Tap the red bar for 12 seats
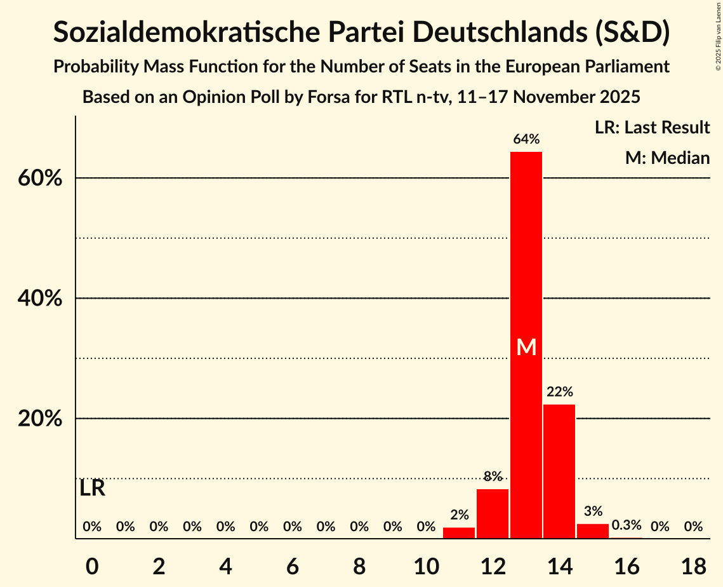click(493, 513)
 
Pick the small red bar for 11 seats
click(459, 533)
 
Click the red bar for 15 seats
click(593, 531)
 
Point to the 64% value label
click(526, 139)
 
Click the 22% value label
click(560, 392)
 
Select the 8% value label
click(493, 476)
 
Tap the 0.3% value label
click(627, 525)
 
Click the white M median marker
click(526, 347)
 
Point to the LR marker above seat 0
click(93, 489)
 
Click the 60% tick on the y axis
click(40, 179)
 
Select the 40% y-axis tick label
click(40, 299)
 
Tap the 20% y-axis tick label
click(40, 419)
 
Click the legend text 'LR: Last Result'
click(652, 128)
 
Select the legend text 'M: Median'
click(667, 158)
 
